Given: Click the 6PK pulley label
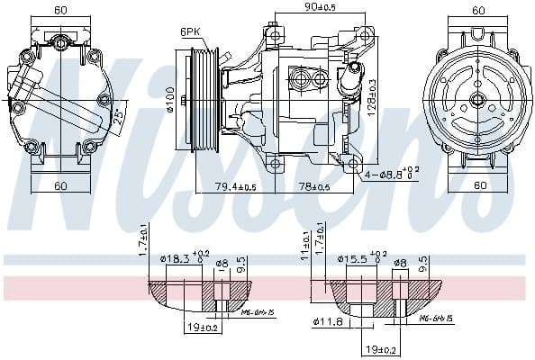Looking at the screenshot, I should click(190, 31).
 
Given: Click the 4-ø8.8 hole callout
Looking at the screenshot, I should click(392, 172).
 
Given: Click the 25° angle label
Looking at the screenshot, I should click(121, 118).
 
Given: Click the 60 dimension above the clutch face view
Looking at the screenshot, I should click(477, 10).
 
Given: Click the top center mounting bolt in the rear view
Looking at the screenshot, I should click(60, 41).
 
